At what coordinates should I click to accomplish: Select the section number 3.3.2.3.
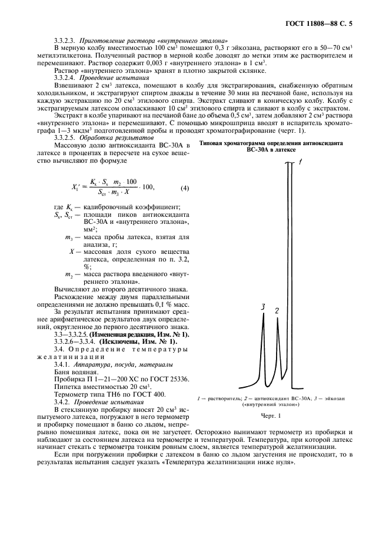click(x=66, y=39)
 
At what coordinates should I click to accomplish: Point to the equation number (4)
click(x=184, y=188)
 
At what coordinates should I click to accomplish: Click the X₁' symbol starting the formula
click(x=75, y=188)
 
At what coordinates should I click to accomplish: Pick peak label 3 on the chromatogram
click(x=264, y=307)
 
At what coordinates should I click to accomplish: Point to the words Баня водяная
click(x=76, y=372)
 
